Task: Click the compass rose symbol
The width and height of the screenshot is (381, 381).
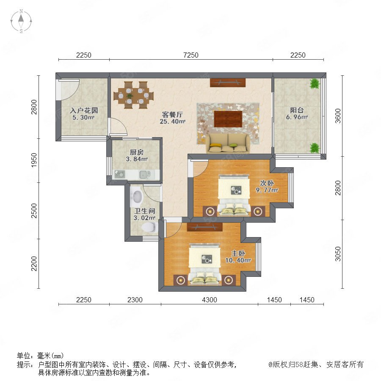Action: coord(21,21)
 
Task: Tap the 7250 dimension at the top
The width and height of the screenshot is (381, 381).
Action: coord(191,55)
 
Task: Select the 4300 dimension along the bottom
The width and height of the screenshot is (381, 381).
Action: coord(210,300)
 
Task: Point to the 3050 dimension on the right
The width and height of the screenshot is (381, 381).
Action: coord(338,254)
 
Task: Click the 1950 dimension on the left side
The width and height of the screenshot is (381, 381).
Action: coord(34,160)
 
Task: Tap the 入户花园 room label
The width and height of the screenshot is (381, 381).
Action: coord(84,110)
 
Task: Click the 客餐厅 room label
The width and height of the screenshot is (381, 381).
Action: coord(172,114)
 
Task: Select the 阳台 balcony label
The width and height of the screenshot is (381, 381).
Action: coord(297,110)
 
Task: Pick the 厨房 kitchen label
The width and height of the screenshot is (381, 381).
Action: coord(137,152)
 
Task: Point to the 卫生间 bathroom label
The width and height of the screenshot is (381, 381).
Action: coord(145,211)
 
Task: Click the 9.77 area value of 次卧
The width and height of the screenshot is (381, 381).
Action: coord(267,190)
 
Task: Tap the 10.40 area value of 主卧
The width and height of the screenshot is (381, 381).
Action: coord(238,260)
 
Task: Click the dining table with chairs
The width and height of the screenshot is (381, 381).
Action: coord(134,95)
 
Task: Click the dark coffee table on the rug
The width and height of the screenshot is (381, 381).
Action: coord(228,119)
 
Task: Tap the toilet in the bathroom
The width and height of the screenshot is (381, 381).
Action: coord(149,227)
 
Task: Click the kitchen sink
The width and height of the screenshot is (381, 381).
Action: coord(145,174)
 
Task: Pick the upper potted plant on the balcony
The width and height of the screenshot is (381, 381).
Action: coord(315,83)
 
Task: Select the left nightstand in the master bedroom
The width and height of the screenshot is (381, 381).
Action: coord(180,280)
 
